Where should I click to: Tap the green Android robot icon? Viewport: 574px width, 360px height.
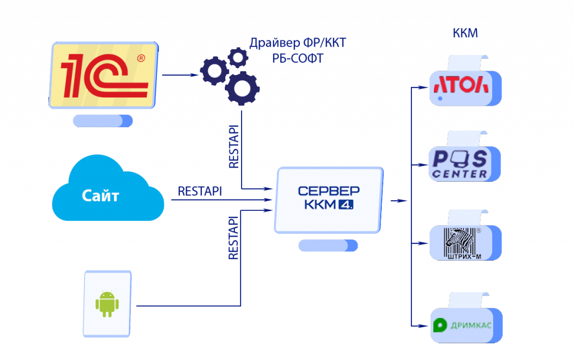click(x=107, y=303)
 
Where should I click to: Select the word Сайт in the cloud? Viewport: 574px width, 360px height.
click(x=100, y=196)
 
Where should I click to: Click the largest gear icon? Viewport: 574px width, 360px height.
click(x=242, y=89)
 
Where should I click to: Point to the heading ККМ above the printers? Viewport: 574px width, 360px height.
click(x=465, y=33)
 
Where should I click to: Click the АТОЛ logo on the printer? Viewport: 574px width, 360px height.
click(x=461, y=85)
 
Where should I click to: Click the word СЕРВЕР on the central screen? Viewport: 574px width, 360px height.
click(x=329, y=191)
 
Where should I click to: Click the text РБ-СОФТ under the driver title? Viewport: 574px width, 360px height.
click(x=298, y=58)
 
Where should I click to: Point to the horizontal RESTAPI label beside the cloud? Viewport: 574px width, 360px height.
click(x=200, y=191)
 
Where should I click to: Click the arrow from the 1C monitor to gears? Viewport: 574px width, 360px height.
click(x=178, y=75)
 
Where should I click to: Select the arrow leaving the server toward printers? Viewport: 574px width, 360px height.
click(x=399, y=200)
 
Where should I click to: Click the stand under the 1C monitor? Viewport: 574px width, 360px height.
click(x=103, y=121)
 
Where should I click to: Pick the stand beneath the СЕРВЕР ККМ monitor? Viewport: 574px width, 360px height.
click(x=328, y=246)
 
